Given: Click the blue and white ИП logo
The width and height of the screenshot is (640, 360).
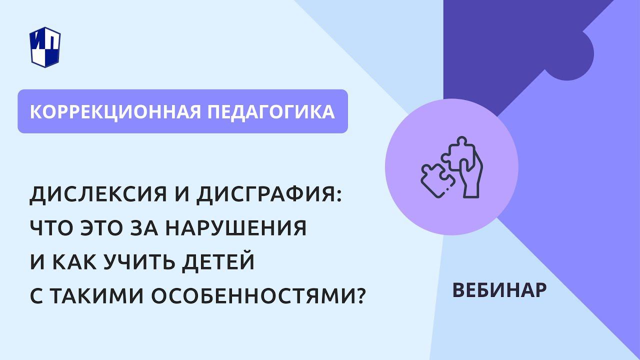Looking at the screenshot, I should pos(45,46).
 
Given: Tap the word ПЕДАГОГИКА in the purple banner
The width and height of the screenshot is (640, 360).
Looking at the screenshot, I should pos(271,111).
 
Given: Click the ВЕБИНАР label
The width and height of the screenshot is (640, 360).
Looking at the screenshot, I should pos(499,290).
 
